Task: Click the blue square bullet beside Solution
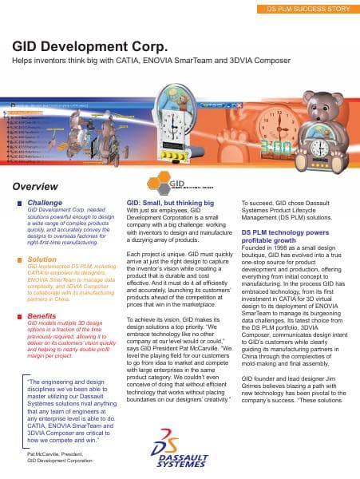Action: click(19, 259)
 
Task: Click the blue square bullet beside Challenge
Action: click(19, 204)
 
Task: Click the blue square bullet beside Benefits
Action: click(19, 294)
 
